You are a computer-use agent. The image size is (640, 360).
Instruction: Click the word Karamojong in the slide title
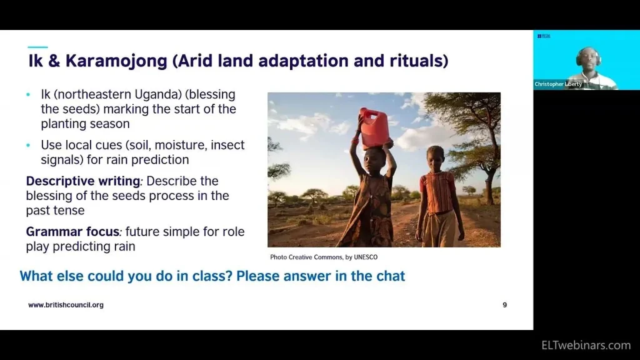click(x=116, y=61)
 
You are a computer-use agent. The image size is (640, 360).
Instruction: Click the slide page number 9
click(x=505, y=305)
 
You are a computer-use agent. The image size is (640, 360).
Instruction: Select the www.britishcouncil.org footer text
click(x=66, y=305)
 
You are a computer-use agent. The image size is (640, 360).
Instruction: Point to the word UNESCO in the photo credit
click(x=366, y=257)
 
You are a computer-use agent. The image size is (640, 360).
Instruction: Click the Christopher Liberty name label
click(x=558, y=84)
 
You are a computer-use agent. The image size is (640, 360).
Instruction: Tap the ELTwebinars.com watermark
click(x=586, y=345)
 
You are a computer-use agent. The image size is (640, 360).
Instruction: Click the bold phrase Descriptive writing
click(x=83, y=181)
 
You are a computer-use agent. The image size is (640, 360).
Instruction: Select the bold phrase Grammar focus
click(x=72, y=232)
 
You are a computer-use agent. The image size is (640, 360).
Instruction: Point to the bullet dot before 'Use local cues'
click(x=28, y=145)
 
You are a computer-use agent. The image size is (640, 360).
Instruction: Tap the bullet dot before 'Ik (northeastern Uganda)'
click(x=28, y=95)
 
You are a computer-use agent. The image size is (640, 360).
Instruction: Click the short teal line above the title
click(x=37, y=47)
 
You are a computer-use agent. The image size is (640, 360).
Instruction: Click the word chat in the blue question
click(x=391, y=276)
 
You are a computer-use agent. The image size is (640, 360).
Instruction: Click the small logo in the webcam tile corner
click(x=544, y=36)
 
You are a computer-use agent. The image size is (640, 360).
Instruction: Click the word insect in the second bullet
click(x=227, y=145)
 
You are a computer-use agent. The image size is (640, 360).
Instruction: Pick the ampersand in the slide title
click(x=54, y=61)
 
